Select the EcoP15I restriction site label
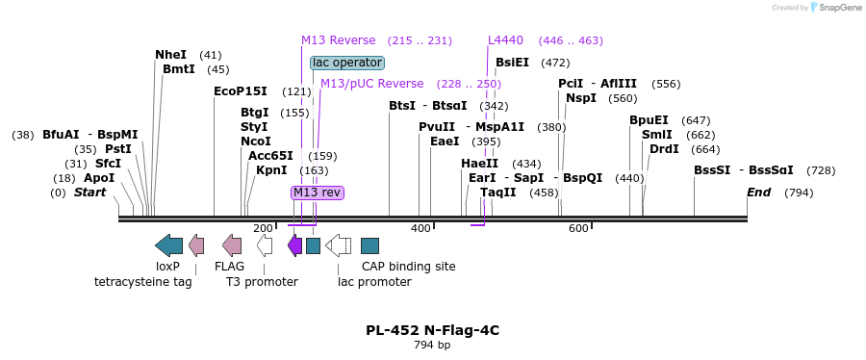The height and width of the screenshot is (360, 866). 241,91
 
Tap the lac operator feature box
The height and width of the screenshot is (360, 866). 347,63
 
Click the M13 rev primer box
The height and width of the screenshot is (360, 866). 318,193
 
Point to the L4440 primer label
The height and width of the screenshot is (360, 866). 505,40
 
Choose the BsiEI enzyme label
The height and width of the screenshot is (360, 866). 512,63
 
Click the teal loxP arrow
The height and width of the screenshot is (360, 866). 168,244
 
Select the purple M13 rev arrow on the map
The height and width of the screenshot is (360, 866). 295,245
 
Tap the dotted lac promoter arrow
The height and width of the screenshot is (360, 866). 339,245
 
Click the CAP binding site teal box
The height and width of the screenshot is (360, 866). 369,245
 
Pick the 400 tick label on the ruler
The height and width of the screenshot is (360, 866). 420,228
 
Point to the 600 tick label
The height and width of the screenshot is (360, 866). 578,228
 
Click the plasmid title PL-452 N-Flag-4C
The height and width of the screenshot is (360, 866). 432,330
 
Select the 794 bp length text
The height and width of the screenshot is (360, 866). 432,345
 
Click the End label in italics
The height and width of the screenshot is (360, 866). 759,193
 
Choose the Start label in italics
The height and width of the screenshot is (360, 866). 89,193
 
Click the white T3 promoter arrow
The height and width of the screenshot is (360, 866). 265,245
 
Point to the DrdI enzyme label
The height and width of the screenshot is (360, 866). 664,149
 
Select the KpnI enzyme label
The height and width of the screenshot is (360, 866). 271,170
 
